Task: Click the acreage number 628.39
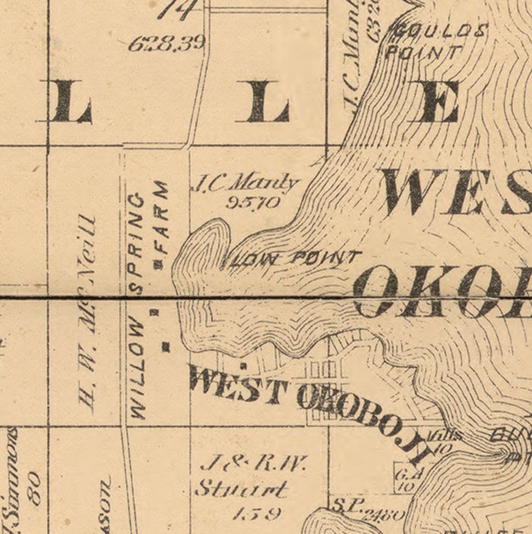coord(167,44)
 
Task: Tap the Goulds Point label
coord(432,42)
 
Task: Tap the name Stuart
coord(241,489)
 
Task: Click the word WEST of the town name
coord(239,384)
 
